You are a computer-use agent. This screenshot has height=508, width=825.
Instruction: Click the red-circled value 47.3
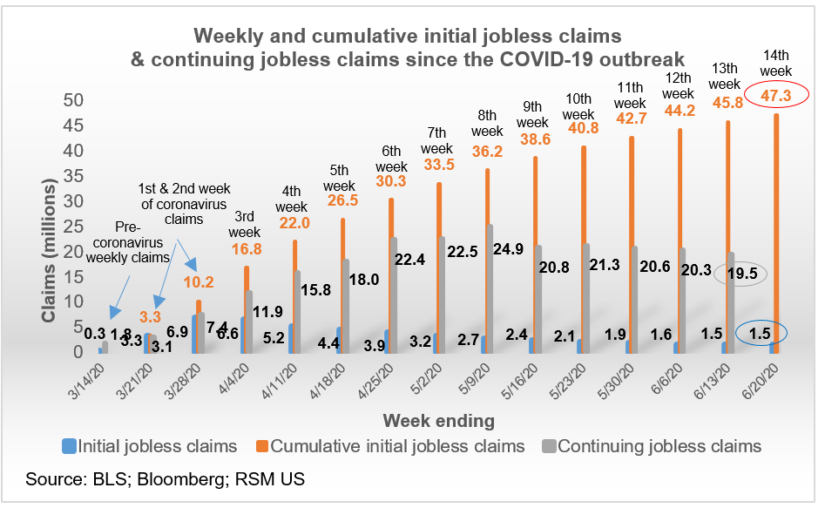tap(775, 97)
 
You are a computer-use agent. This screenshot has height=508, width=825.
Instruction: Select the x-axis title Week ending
tap(439, 421)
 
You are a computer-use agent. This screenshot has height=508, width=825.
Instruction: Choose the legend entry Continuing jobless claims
tap(659, 446)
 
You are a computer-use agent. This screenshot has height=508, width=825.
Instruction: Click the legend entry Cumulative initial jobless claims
tap(397, 446)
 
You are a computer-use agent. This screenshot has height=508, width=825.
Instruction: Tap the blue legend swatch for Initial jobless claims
tap(72, 447)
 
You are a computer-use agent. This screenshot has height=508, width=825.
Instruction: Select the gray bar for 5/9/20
tap(490, 288)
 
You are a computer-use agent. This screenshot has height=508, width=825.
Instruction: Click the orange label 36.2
tap(486, 150)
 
